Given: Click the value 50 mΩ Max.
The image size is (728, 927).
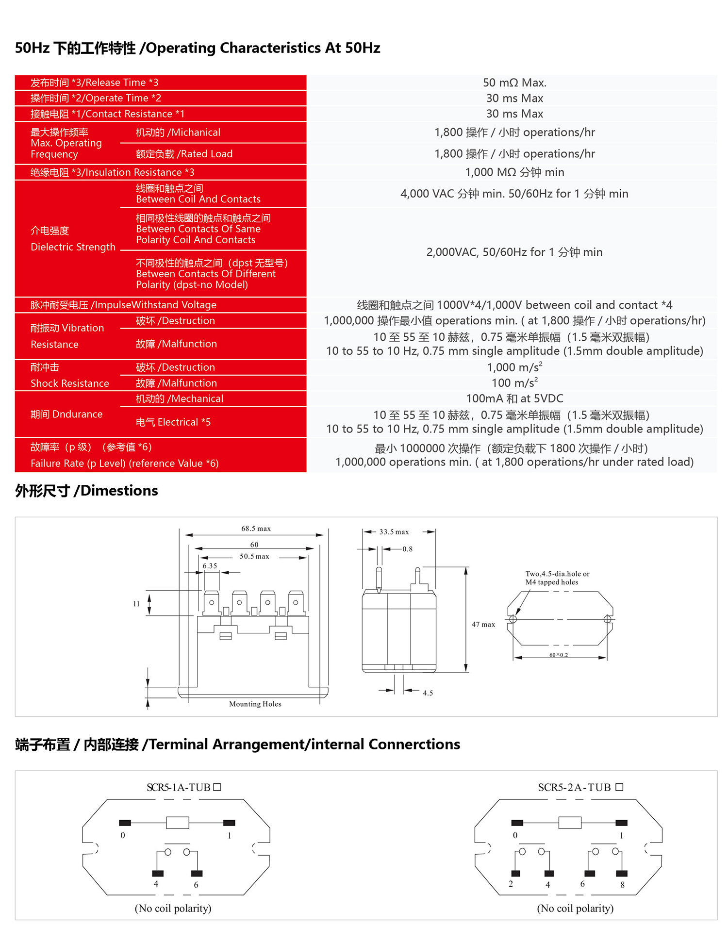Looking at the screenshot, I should pyautogui.click(x=514, y=83).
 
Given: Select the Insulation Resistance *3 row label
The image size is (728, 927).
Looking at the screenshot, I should pyautogui.click(x=112, y=172).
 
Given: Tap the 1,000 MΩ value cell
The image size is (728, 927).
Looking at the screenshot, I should pyautogui.click(x=514, y=172).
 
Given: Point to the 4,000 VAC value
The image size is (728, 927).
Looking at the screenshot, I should pyautogui.click(x=514, y=194).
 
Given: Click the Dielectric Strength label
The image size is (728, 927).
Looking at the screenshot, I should pyautogui.click(x=73, y=247).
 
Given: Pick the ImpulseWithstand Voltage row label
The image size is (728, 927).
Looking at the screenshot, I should pyautogui.click(x=123, y=305).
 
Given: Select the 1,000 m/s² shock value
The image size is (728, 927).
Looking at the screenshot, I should pyautogui.click(x=514, y=367).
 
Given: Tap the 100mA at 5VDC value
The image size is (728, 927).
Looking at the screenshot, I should pyautogui.click(x=514, y=398).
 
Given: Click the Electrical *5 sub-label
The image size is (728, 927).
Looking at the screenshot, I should pyautogui.click(x=173, y=422).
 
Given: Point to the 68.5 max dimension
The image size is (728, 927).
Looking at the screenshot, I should pyautogui.click(x=256, y=529).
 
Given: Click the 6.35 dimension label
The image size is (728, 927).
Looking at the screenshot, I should pyautogui.click(x=210, y=566).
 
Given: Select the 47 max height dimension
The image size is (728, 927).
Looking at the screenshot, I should pyautogui.click(x=483, y=625).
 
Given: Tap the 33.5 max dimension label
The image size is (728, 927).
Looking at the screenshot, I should pyautogui.click(x=394, y=532).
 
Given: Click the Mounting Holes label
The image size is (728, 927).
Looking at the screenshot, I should pyautogui.click(x=255, y=704).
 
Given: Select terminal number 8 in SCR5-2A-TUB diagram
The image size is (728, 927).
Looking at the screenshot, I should pyautogui.click(x=622, y=885).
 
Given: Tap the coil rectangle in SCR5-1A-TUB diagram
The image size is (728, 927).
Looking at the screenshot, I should pyautogui.click(x=178, y=822).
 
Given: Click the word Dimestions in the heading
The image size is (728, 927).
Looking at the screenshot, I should pyautogui.click(x=119, y=491).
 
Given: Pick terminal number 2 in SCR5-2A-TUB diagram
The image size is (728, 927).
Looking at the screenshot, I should pyautogui.click(x=511, y=884).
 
